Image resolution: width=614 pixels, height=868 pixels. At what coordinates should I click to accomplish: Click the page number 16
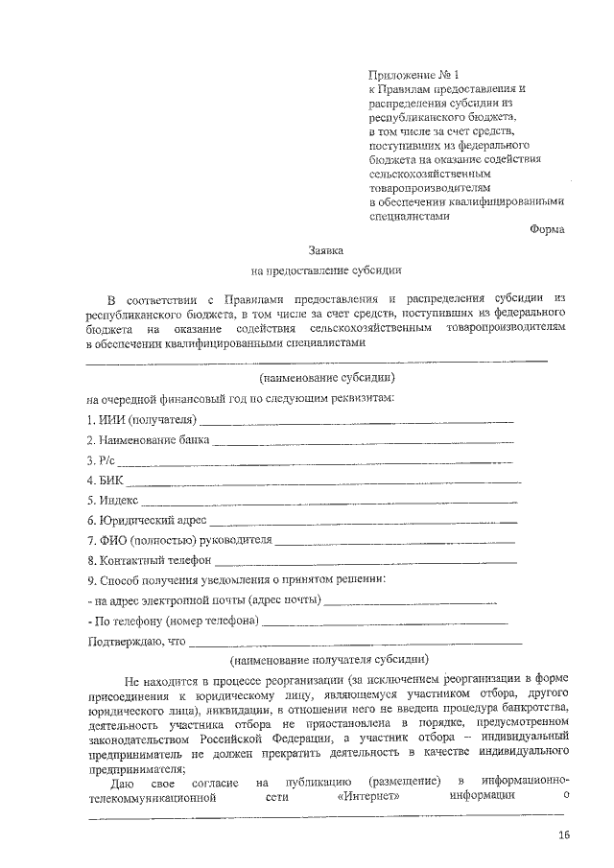[x=564, y=835]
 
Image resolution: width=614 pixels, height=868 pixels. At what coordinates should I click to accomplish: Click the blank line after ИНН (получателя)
[x=356, y=421]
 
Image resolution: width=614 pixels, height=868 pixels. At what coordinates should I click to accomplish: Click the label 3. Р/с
[x=101, y=461]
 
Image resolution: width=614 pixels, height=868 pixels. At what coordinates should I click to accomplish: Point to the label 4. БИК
[x=105, y=481]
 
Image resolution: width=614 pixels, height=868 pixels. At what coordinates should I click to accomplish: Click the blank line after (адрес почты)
[x=411, y=602]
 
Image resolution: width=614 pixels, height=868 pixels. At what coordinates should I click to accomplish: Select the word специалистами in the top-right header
[x=409, y=216]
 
